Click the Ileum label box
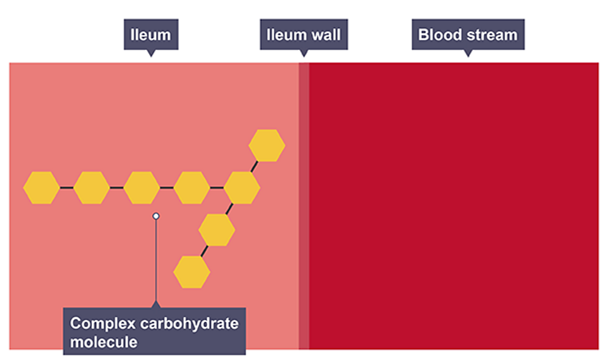pyautogui.click(x=150, y=34)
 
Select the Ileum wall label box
pyautogui.click(x=303, y=34)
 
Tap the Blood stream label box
pyautogui.click(x=467, y=34)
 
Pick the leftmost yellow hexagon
pyautogui.click(x=41, y=188)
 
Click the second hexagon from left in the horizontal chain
pyautogui.click(x=92, y=188)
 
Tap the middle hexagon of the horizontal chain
pyautogui.click(x=142, y=188)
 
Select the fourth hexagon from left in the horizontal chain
pyautogui.click(x=192, y=188)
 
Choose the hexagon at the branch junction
pyautogui.click(x=241, y=188)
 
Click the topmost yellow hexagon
pyautogui.click(x=266, y=145)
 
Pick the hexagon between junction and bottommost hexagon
pyautogui.click(x=217, y=230)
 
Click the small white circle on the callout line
pyautogui.click(x=156, y=216)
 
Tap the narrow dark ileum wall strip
pyautogui.click(x=303, y=206)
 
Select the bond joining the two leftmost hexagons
pyautogui.click(x=67, y=188)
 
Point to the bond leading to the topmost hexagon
pyautogui.click(x=255, y=166)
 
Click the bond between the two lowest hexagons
pyautogui.click(x=204, y=251)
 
